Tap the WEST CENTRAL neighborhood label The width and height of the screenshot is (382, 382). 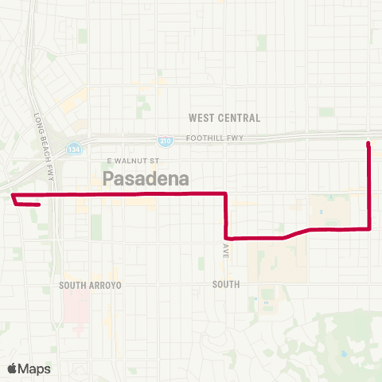tap(224, 118)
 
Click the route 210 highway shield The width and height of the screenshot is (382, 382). tap(165, 141)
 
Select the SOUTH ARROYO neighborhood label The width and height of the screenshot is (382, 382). tap(88, 284)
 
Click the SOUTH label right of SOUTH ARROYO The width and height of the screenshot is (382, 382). tap(227, 283)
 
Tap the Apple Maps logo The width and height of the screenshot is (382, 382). tap(29, 368)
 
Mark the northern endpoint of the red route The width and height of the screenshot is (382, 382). tap(368, 144)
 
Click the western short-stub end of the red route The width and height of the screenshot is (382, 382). tap(39, 204)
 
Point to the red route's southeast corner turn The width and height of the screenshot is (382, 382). tap(370, 229)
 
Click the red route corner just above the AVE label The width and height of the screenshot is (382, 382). tap(227, 237)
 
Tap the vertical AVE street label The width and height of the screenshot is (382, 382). tap(226, 251)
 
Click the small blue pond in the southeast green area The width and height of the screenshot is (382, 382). tap(344, 353)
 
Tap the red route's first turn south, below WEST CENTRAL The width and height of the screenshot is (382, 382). tap(227, 193)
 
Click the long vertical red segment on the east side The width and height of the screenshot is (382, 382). tap(369, 187)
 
